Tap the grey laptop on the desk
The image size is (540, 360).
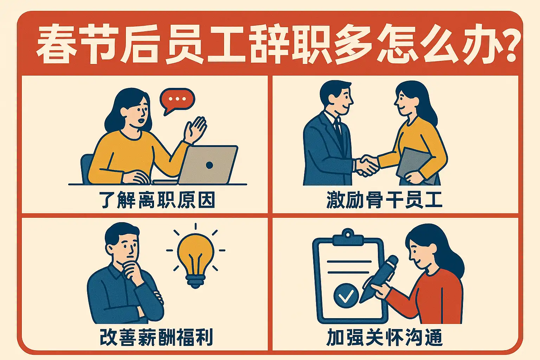pos(207,165)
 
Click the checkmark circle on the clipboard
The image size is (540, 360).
pos(346,295)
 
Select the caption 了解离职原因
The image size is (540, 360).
pos(157,200)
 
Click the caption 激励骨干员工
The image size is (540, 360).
pos(384,200)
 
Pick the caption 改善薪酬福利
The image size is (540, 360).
pos(156,337)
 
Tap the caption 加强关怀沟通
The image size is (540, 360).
pos(385,337)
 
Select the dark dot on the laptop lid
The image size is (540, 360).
pos(210,165)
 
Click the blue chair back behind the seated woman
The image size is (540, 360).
pos(86,169)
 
